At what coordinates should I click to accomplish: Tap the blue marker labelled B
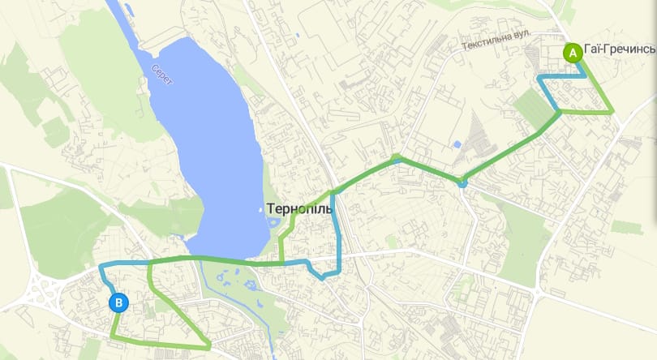tap(119, 303)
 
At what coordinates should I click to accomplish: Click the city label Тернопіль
tap(300, 208)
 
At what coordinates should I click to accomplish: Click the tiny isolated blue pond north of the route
tap(457, 144)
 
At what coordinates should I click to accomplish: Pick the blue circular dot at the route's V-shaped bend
tap(462, 183)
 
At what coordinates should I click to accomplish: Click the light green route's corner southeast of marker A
tap(612, 111)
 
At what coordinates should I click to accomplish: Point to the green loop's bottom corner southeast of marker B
tap(209, 347)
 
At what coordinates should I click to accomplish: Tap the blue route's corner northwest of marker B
tap(100, 266)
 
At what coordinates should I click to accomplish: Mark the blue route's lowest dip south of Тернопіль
tap(323, 278)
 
